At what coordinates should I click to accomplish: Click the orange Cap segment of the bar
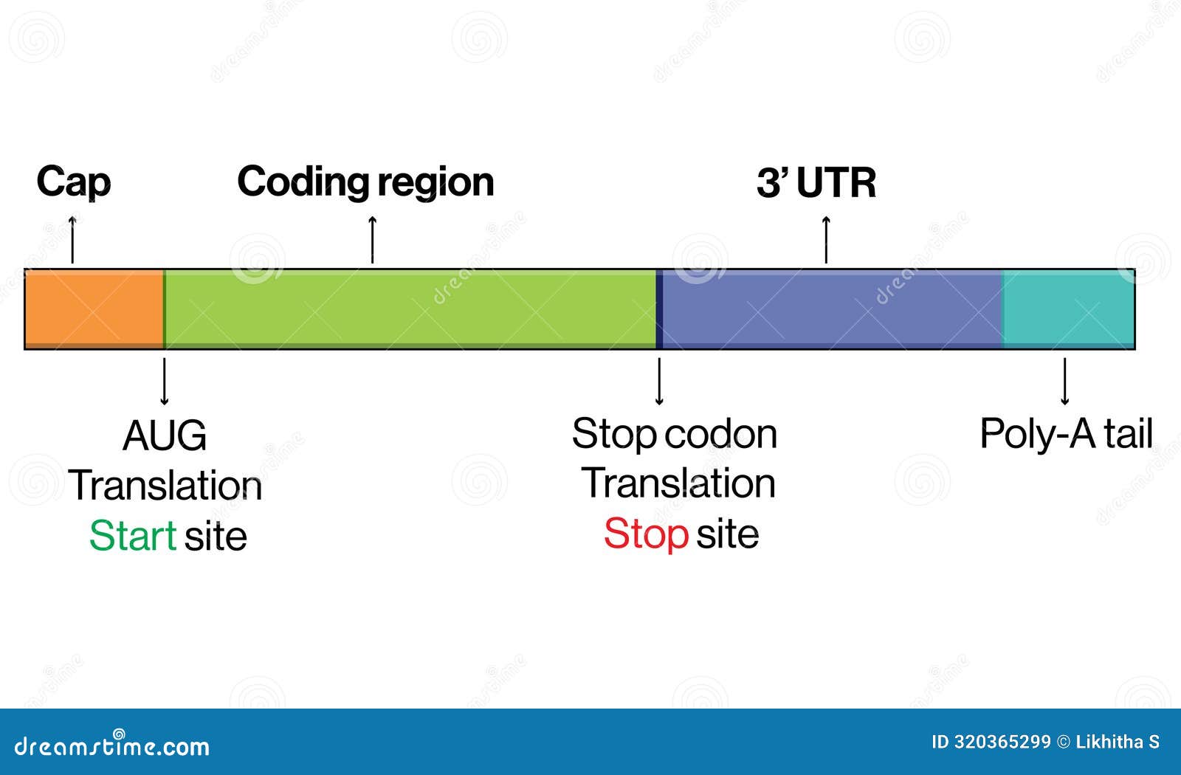(94, 309)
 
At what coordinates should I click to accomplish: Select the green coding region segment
(410, 309)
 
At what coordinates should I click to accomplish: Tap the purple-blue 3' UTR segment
(830, 309)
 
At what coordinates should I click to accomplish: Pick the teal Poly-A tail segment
(1069, 309)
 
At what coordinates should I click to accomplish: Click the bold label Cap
(73, 182)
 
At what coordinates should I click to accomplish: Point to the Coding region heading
(365, 182)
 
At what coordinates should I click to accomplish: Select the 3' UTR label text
(816, 183)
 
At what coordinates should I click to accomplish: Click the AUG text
(164, 435)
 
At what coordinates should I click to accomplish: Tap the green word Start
(132, 536)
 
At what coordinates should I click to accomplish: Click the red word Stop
(646, 534)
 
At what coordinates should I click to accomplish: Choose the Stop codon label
(674, 434)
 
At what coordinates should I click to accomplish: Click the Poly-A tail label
(1066, 434)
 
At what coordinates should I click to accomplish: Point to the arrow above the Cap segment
(72, 240)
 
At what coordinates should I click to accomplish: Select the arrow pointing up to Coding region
(372, 240)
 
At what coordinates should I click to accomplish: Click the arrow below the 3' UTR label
(826, 240)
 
